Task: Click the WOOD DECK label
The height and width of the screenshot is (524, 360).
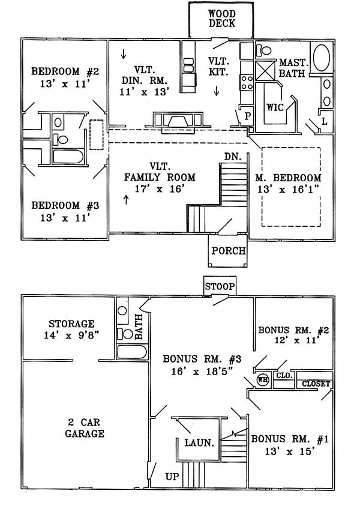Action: (221, 19)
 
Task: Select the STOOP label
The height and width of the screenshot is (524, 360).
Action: (219, 286)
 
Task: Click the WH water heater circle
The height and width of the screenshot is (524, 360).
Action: (262, 379)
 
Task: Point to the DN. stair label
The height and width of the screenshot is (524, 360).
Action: (232, 156)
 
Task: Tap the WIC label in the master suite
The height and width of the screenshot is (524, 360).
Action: (275, 109)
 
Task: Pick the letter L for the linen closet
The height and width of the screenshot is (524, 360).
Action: (325, 121)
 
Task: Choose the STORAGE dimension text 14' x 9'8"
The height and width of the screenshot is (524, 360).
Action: (73, 336)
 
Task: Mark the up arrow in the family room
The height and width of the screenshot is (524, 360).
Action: (126, 199)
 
